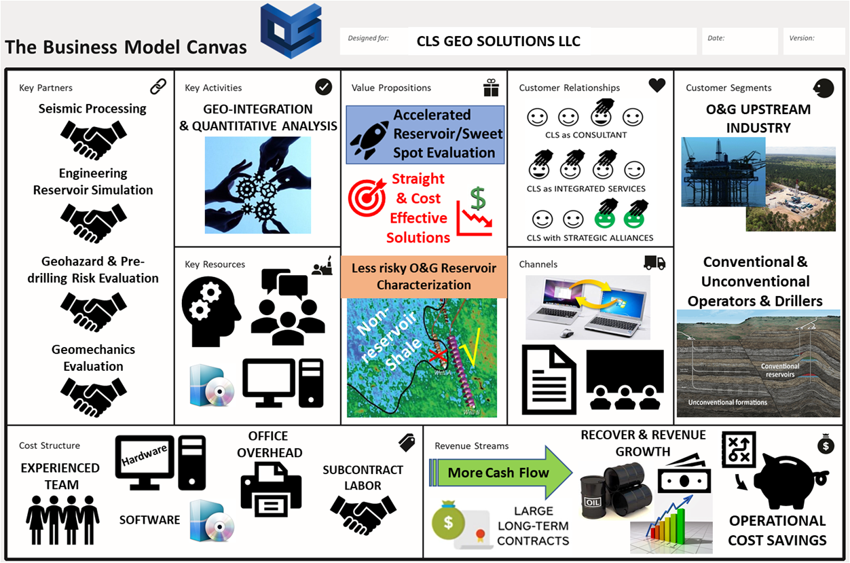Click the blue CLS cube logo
(x=291, y=31)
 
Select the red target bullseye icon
(x=367, y=198)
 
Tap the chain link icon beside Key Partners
(x=158, y=87)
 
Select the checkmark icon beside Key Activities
(x=324, y=87)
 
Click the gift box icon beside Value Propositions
(x=491, y=88)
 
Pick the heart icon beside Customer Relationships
(x=657, y=86)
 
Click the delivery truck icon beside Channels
(x=654, y=263)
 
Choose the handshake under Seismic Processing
(x=94, y=141)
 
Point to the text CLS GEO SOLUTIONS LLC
(x=498, y=41)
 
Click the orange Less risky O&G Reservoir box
(x=424, y=276)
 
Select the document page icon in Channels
(x=549, y=380)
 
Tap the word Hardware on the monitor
(x=145, y=456)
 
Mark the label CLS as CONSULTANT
(x=586, y=135)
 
